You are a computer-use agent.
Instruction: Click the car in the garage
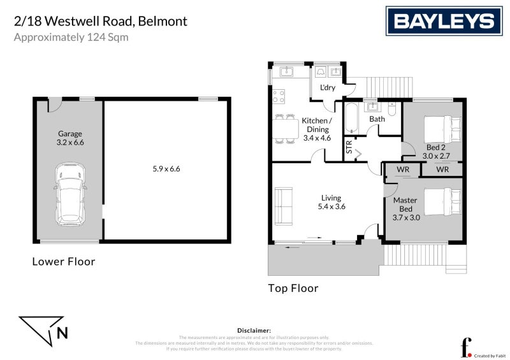click(70, 193)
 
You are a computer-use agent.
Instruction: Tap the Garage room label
click(70, 138)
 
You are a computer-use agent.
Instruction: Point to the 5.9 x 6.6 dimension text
click(166, 169)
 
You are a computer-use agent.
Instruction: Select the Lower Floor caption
click(64, 261)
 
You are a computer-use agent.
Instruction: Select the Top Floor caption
click(293, 288)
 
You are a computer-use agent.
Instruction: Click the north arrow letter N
click(62, 332)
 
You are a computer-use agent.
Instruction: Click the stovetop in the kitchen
click(279, 96)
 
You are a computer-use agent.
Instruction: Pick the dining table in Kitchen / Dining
click(283, 127)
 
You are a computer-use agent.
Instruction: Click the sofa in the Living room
click(283, 206)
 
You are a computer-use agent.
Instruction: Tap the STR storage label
click(349, 149)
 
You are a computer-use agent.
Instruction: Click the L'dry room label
click(327, 88)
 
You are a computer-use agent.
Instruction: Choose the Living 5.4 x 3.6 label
click(331, 202)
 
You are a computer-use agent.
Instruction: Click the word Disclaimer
click(254, 331)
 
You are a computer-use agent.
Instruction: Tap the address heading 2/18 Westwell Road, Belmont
click(101, 21)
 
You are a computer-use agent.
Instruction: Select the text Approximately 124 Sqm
click(71, 37)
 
